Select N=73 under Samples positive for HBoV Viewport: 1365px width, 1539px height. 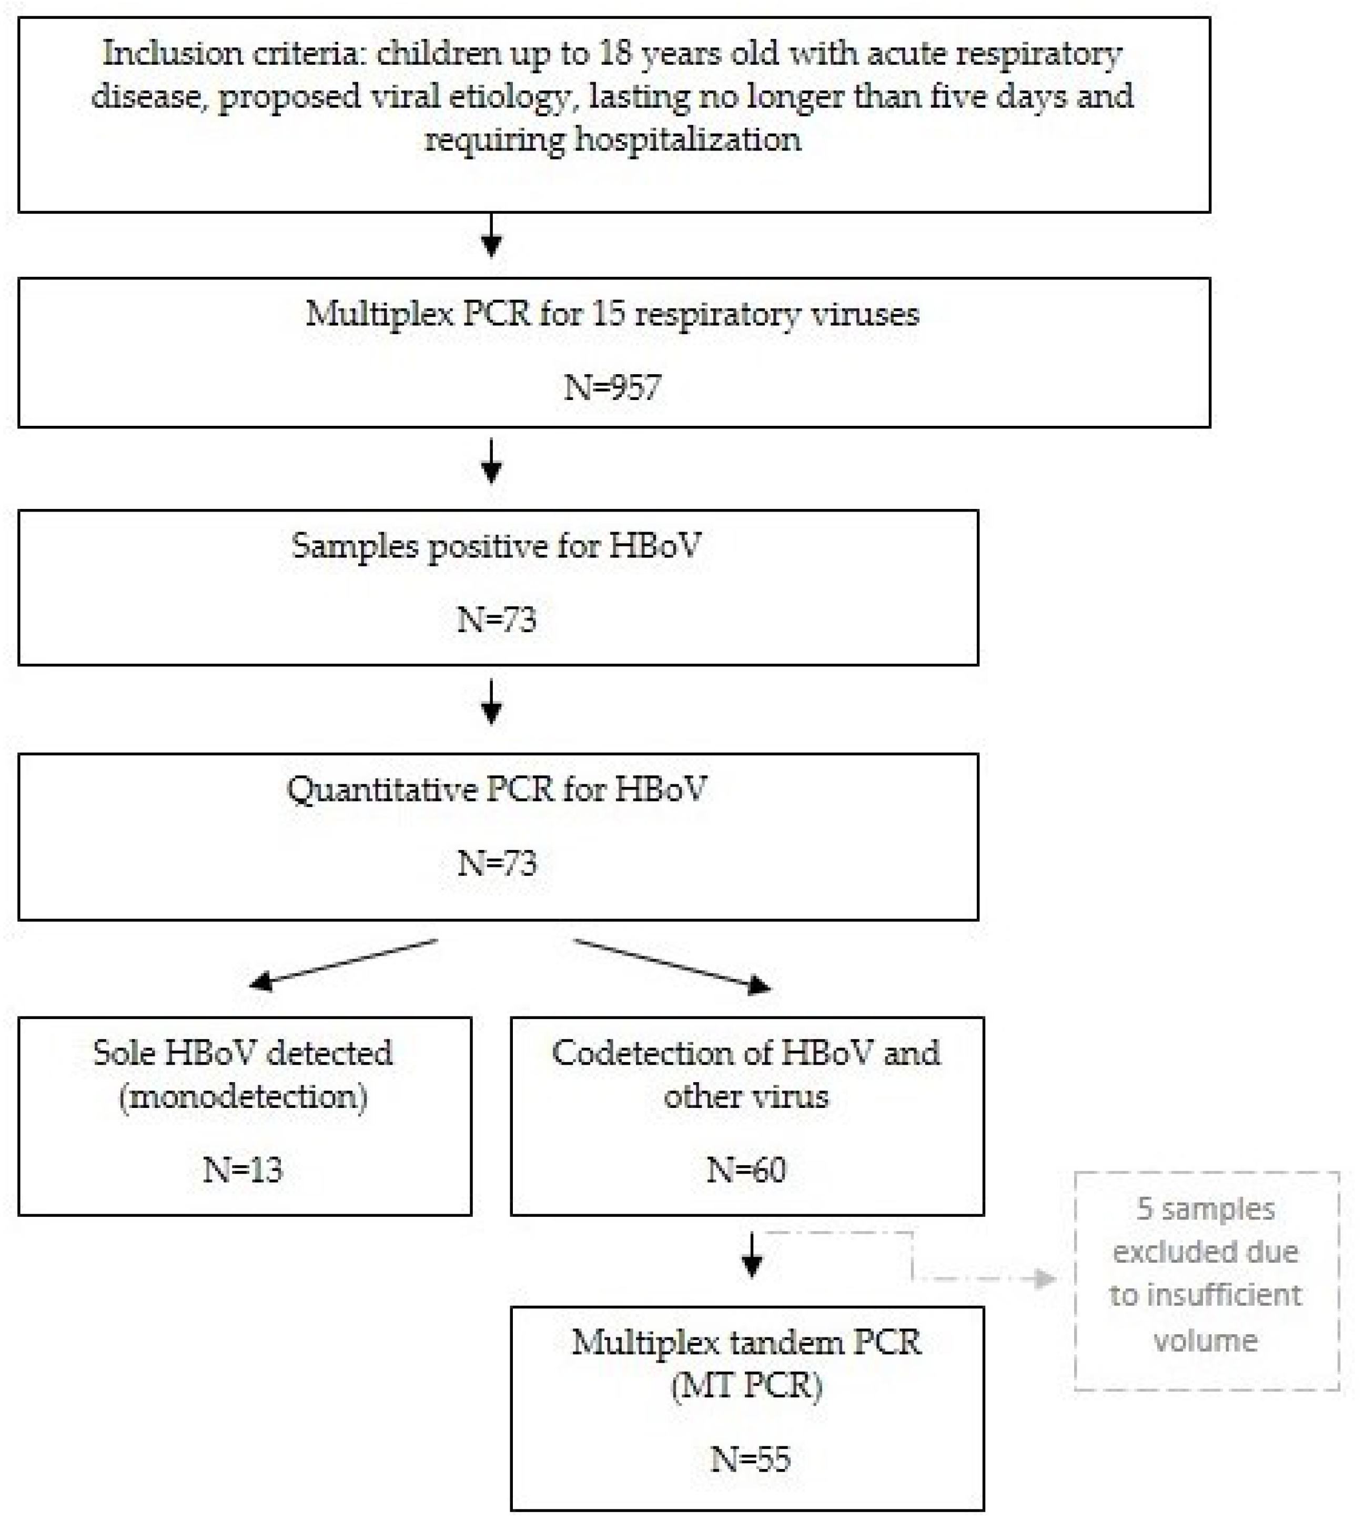click(x=497, y=619)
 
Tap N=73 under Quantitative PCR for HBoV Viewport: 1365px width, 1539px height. click(x=497, y=863)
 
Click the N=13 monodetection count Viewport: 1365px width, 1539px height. click(x=242, y=1170)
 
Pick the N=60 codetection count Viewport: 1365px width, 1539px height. click(x=746, y=1170)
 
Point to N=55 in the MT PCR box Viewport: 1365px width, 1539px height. click(x=750, y=1459)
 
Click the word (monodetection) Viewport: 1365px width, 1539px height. click(x=243, y=1096)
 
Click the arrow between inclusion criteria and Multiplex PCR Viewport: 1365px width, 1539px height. click(x=491, y=236)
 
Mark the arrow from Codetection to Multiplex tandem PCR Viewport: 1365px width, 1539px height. click(x=752, y=1256)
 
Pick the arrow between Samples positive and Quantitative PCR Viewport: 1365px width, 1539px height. click(x=491, y=703)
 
